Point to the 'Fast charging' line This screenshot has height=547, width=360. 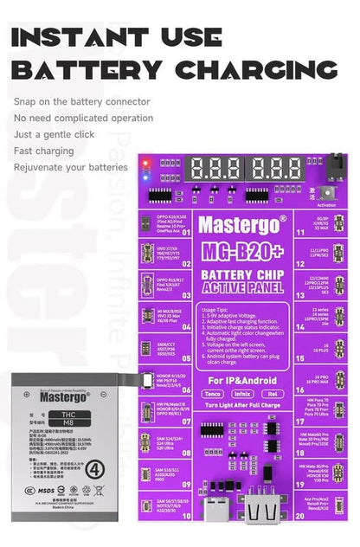(42, 151)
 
